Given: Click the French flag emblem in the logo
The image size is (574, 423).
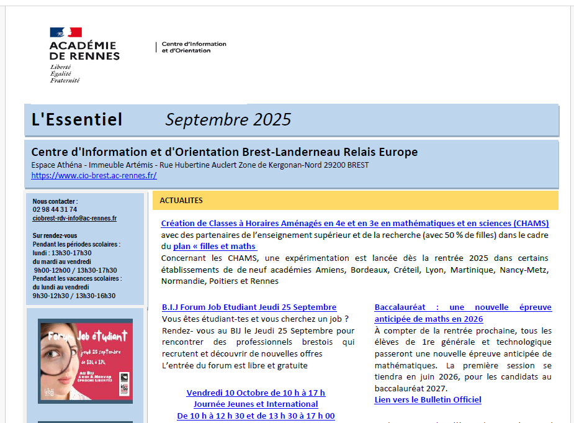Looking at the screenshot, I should pyautogui.click(x=66, y=32).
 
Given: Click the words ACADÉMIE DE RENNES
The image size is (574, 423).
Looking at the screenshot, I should pyautogui.click(x=84, y=50).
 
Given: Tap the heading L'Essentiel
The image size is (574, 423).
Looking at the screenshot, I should pyautogui.click(x=77, y=119).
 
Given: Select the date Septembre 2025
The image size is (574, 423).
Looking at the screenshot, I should pyautogui.click(x=228, y=119).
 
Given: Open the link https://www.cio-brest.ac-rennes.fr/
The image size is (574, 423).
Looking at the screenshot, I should pyautogui.click(x=94, y=176).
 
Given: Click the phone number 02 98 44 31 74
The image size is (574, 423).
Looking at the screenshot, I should pyautogui.click(x=55, y=210).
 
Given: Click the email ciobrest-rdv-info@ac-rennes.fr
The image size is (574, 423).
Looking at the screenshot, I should pyautogui.click(x=74, y=219).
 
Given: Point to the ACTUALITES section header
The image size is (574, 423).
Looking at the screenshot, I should pyautogui.click(x=181, y=201).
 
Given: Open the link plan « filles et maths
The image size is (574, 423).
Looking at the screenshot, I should pyautogui.click(x=214, y=247).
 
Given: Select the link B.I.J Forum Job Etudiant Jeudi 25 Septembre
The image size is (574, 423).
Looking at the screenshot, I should pyautogui.click(x=249, y=307).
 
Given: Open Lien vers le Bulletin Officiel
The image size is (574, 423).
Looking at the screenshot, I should pyautogui.click(x=428, y=400).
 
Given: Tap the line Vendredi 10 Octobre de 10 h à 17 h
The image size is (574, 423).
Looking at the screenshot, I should pyautogui.click(x=256, y=393).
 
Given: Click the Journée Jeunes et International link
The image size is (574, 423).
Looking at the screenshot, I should pyautogui.click(x=256, y=404).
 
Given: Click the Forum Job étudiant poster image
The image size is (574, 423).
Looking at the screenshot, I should pyautogui.click(x=85, y=361).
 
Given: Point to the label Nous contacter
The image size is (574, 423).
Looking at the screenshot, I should pyautogui.click(x=55, y=202).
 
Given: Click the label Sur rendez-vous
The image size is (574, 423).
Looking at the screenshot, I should pyautogui.click(x=55, y=236).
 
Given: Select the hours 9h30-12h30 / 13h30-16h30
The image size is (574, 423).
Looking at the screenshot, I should pyautogui.click(x=74, y=296).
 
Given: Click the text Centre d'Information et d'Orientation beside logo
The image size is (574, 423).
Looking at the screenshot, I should pyautogui.click(x=194, y=47).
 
